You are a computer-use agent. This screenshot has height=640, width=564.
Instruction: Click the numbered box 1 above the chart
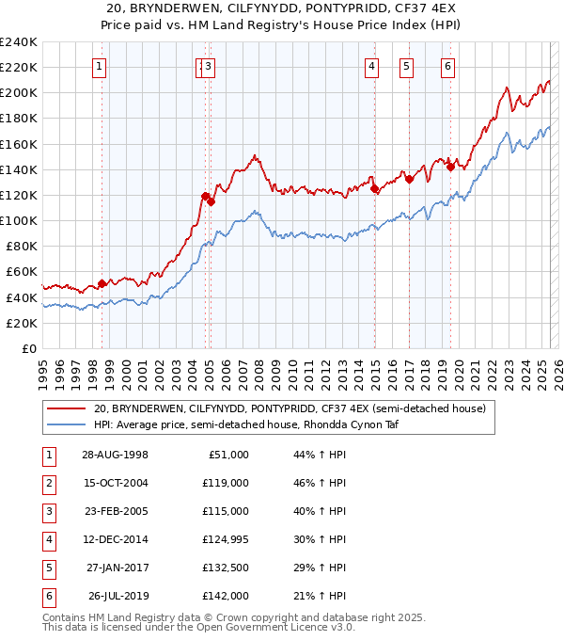click(x=100, y=66)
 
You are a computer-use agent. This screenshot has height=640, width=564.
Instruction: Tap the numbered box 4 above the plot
click(x=372, y=66)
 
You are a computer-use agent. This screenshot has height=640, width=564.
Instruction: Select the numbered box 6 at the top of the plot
click(x=448, y=66)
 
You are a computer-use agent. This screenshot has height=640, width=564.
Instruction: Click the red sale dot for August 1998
click(x=102, y=283)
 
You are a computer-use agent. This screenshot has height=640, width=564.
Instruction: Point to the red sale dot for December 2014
click(x=374, y=189)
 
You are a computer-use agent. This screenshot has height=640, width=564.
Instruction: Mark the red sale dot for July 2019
click(x=450, y=168)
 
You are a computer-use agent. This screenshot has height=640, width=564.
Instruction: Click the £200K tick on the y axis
click(x=19, y=93)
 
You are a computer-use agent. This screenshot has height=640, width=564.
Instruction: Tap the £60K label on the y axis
click(x=22, y=272)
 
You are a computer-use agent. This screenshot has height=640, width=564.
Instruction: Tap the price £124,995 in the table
click(x=224, y=540)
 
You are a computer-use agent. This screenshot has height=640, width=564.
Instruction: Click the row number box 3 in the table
click(x=47, y=513)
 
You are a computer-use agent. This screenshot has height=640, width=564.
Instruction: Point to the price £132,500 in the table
click(x=225, y=568)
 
